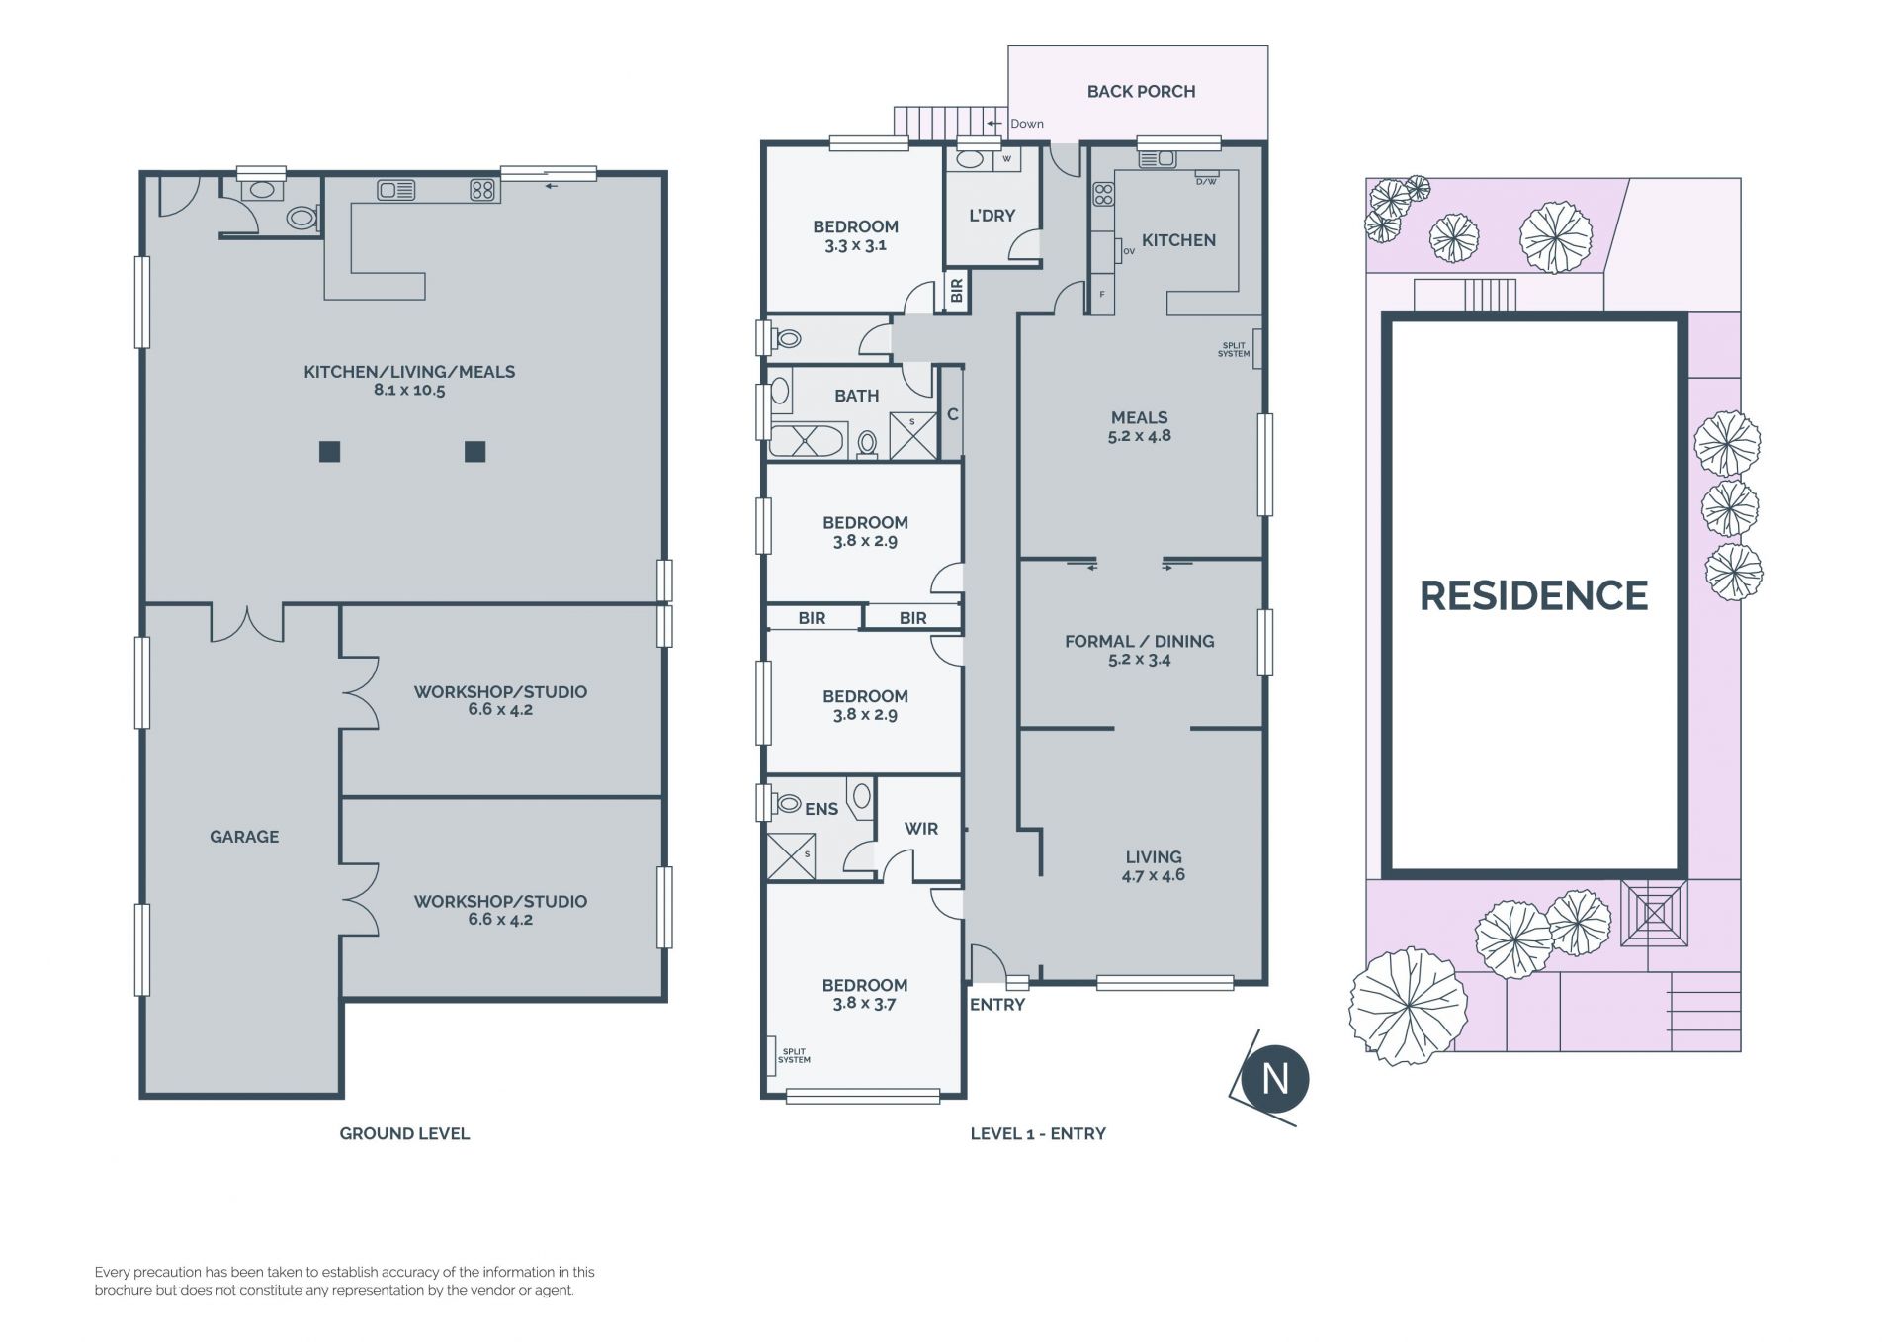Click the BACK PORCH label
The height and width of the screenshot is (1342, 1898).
[x=1141, y=91]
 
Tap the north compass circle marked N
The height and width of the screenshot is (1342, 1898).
[x=1275, y=1078]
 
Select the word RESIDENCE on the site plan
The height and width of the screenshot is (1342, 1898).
[x=1533, y=595]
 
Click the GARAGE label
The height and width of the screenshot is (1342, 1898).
[x=244, y=837]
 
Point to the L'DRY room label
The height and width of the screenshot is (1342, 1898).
[x=992, y=215]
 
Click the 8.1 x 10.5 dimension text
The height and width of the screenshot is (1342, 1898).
[x=409, y=391]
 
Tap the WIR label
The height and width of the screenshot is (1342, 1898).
[x=921, y=829]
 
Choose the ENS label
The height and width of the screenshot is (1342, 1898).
[x=821, y=809]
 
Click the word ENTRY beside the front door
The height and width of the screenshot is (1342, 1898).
[x=997, y=1005]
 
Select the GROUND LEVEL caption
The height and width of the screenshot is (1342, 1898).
[x=404, y=1133]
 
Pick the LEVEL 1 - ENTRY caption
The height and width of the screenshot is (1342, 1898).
[x=1038, y=1133]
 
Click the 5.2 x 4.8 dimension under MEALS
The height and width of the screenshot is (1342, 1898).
[x=1140, y=436]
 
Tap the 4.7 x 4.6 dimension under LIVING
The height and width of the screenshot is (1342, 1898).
[x=1154, y=875]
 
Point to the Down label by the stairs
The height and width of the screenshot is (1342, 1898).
[x=1027, y=124]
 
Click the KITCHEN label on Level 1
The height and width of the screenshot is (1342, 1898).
[x=1178, y=240]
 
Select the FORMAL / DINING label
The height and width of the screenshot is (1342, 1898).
[x=1140, y=641]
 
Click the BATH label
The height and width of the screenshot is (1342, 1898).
[x=856, y=396]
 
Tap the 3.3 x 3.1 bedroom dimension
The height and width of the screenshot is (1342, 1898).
[x=856, y=245]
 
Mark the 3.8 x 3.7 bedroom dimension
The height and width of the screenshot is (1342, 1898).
[x=865, y=1004]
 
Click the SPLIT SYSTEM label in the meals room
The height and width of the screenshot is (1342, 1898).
[x=1234, y=350]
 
